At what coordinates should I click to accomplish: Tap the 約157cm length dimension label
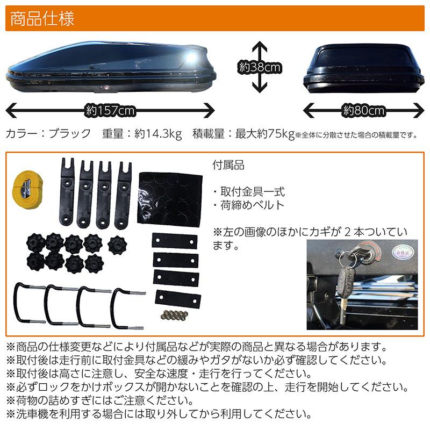110,111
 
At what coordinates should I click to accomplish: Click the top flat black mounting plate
174,241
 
